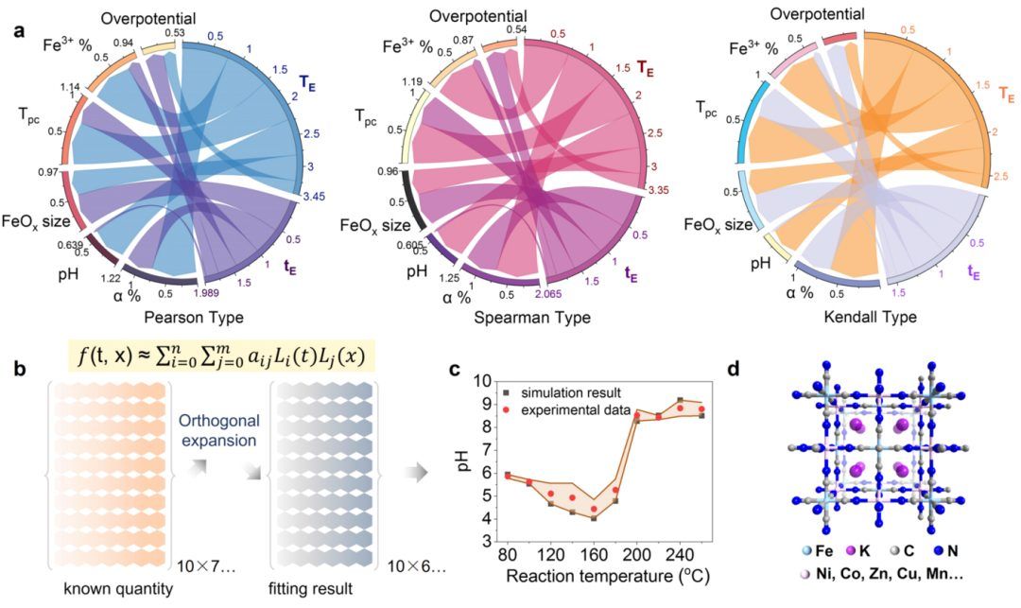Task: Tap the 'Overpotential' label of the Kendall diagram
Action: (x=816, y=13)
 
